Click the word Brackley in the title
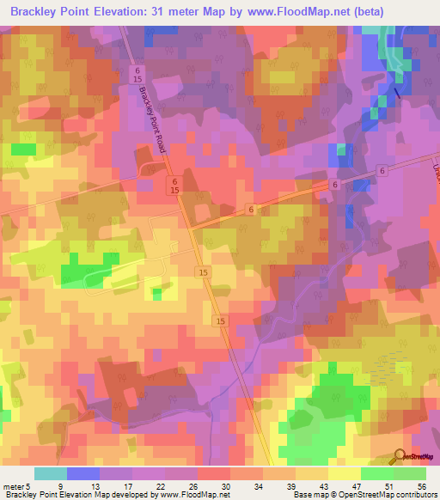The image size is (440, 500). (x=37, y=12)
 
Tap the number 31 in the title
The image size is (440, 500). (x=191, y=12)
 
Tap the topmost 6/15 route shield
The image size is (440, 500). (x=137, y=74)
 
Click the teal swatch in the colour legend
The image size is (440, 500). (x=51, y=473)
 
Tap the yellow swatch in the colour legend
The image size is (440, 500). (x=344, y=473)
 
